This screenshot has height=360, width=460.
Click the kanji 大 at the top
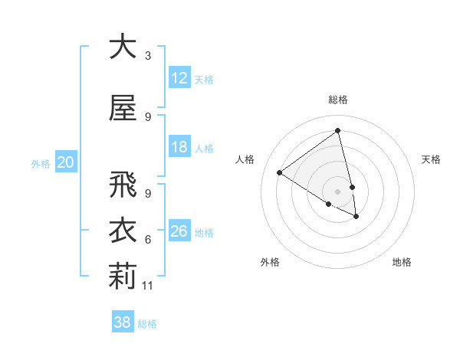point(123,47)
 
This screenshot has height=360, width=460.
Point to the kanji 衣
point(123,232)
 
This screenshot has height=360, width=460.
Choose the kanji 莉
point(123,278)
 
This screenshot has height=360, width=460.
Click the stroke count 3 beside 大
point(148,56)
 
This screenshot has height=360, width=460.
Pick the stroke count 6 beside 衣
point(148,240)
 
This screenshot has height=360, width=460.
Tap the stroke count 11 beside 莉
point(148,286)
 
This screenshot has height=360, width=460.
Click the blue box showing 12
point(179,78)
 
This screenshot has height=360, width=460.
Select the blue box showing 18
point(179,148)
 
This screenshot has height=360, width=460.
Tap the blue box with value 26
point(179,231)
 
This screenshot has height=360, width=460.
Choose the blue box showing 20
point(66,162)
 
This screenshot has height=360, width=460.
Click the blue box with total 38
point(123,323)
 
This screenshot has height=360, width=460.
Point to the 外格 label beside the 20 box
point(41,163)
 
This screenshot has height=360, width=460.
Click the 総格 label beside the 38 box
point(147,324)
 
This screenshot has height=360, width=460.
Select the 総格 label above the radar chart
point(338,100)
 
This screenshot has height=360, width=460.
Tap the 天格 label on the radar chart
point(432,159)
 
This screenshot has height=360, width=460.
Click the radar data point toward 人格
point(280,173)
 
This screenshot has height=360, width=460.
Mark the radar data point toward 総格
point(338,130)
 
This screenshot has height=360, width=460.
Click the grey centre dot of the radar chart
point(338,191)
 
